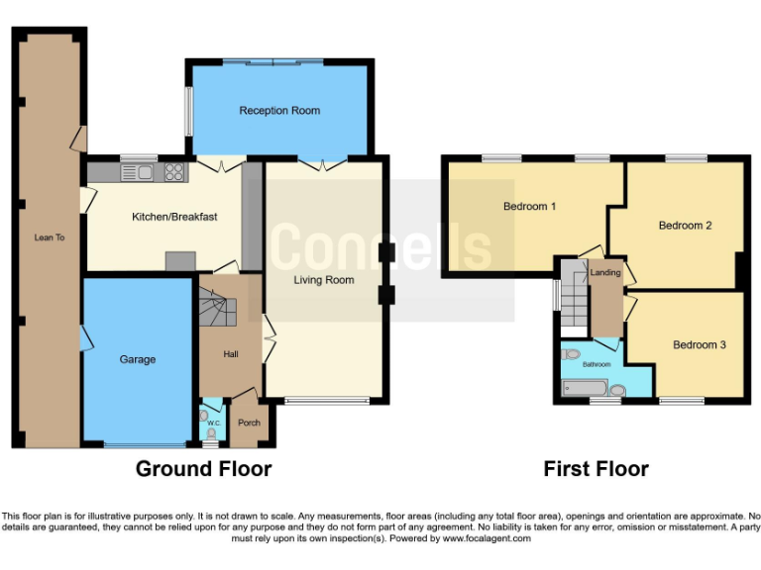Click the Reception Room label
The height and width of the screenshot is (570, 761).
(279, 111)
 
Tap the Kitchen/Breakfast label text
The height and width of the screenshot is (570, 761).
(174, 217)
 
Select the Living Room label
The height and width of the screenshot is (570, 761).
(323, 280)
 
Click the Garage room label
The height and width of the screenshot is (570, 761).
(138, 359)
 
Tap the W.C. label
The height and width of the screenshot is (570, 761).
(212, 422)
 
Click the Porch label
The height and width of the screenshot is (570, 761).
(249, 423)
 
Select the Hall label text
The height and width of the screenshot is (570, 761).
(230, 353)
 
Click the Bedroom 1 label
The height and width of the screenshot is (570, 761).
(529, 207)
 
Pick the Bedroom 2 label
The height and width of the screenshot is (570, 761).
(685, 226)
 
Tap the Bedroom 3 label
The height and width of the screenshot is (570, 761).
(700, 344)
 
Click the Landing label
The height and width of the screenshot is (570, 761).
(604, 272)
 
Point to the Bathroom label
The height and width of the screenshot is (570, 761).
(597, 364)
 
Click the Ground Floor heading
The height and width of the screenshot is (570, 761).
(203, 469)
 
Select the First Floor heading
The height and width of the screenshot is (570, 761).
(596, 469)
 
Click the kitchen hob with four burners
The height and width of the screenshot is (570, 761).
(174, 172)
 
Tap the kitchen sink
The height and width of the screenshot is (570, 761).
(135, 172)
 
